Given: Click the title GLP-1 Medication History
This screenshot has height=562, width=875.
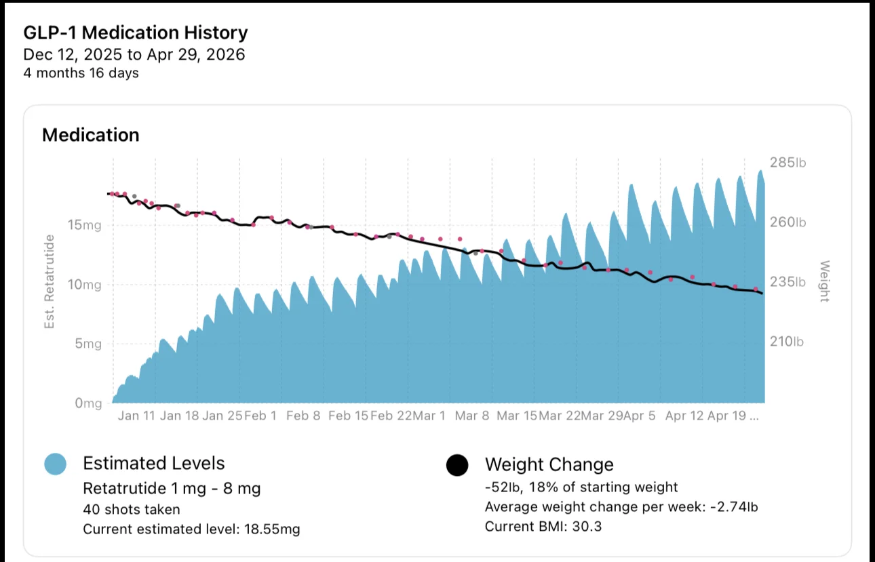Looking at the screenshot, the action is (136, 33).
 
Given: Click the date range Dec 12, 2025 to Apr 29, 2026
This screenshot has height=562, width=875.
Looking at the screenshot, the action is (134, 55).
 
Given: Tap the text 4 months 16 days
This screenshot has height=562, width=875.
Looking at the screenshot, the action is (81, 73).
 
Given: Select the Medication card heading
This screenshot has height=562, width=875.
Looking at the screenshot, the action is (91, 135).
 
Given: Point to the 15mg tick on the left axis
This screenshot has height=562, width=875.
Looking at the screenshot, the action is (84, 225).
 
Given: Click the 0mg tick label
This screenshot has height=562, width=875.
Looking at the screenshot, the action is (88, 403).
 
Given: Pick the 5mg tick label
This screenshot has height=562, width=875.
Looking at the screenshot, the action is (88, 344).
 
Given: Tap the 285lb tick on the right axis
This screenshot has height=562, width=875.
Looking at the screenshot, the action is (788, 162).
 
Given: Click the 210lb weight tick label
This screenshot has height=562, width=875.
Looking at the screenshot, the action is (787, 342).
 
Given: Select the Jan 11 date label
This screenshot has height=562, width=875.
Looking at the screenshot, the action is (136, 416).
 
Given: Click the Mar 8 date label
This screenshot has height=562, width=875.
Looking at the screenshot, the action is (472, 416).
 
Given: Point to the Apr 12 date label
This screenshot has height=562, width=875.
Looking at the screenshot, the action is (684, 416).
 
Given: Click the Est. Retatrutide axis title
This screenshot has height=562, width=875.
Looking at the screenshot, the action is (50, 282).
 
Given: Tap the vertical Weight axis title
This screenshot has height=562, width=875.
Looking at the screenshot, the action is (824, 281).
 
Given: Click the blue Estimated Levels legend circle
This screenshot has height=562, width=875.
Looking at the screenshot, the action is (55, 464).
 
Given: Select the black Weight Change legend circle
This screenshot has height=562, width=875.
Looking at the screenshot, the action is (457, 465).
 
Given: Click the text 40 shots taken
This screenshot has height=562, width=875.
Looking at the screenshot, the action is (132, 509).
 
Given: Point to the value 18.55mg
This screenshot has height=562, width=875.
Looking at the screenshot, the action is (272, 529).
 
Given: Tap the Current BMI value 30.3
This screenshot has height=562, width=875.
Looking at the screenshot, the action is (587, 527).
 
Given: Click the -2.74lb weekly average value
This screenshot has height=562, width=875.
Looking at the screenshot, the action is (734, 507).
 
